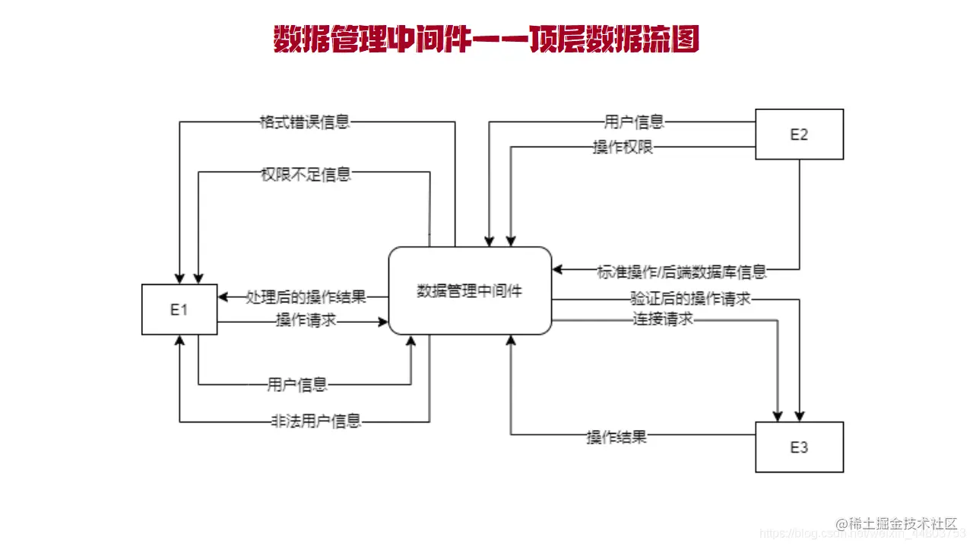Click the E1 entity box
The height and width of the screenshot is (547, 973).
(x=179, y=309)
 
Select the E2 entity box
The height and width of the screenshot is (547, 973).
(x=799, y=134)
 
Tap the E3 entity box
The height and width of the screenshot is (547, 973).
(x=799, y=447)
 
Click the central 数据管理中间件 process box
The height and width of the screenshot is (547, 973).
(x=470, y=290)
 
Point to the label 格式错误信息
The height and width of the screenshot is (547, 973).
(x=304, y=122)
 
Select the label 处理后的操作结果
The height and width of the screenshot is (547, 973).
(x=306, y=296)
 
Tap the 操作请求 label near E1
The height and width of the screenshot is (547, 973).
(x=306, y=321)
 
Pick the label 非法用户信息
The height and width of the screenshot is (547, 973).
(x=315, y=421)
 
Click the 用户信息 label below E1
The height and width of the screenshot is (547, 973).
(x=297, y=384)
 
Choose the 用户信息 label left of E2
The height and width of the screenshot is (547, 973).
(x=634, y=122)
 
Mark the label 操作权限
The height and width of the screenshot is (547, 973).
(x=623, y=147)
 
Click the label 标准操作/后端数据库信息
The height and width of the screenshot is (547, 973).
(x=681, y=270)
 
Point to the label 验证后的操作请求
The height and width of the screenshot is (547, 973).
(x=690, y=299)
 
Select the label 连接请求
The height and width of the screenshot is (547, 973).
(x=663, y=320)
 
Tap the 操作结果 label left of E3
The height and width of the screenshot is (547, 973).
(x=616, y=437)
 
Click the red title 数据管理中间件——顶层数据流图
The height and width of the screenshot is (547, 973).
(x=486, y=40)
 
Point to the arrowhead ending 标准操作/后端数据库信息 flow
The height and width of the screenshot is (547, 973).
(x=557, y=269)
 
